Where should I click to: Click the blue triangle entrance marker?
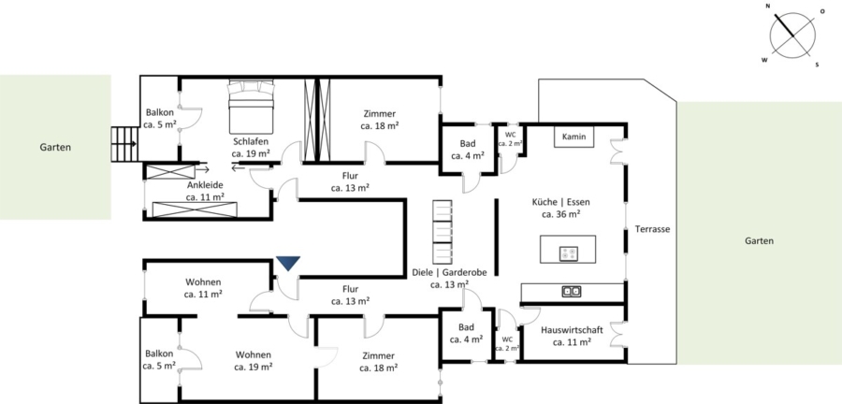tap(288, 263)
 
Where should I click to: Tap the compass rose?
tap(792, 36)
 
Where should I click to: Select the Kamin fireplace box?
tap(574, 137)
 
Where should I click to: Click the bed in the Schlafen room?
tap(252, 107)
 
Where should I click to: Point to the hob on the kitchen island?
tap(568, 253)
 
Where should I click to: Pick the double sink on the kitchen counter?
tap(571, 292)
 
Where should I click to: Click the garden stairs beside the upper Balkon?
tap(124, 144)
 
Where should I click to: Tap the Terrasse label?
tap(652, 229)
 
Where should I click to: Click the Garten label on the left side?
tap(55, 147)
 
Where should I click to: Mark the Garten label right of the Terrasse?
tap(760, 241)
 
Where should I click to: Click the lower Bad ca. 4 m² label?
tap(466, 333)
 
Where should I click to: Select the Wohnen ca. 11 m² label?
tap(204, 288)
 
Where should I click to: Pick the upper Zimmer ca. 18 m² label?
tap(380, 120)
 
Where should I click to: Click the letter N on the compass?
tap(768, 7)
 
